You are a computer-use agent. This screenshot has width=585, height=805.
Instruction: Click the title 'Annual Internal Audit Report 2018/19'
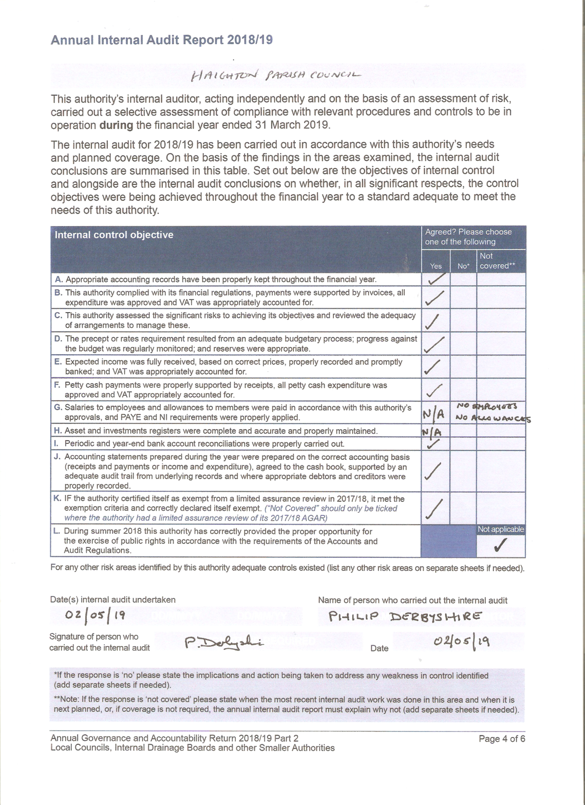point(161,40)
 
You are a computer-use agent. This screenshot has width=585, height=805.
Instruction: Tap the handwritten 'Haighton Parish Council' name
point(276,75)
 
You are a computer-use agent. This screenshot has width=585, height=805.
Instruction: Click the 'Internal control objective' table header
point(114,235)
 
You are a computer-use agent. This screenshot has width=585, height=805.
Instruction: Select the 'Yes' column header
point(436,266)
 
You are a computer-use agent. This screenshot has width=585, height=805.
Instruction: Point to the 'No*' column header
point(463,266)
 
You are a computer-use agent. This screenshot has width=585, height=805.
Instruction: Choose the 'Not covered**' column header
point(496,261)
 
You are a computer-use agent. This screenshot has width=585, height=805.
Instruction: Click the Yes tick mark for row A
point(436,279)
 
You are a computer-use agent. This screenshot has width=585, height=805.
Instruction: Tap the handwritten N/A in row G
point(434,413)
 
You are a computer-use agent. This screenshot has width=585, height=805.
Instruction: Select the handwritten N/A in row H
point(432,432)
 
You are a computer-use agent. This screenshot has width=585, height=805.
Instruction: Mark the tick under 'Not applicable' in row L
point(501,545)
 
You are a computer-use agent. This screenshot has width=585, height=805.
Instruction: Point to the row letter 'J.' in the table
point(58,457)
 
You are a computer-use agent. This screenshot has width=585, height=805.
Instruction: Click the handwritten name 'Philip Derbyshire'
point(405,616)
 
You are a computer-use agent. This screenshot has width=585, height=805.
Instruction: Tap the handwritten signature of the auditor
point(223,643)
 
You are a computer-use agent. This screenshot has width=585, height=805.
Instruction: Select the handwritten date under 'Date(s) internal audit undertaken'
point(95,615)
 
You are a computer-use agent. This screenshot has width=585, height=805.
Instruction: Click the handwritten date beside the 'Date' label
point(461,641)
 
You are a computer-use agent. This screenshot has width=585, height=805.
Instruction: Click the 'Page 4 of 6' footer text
point(501,739)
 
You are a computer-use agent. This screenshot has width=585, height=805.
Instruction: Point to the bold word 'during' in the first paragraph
point(116,125)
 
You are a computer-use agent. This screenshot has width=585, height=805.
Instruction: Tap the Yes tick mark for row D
point(435,344)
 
